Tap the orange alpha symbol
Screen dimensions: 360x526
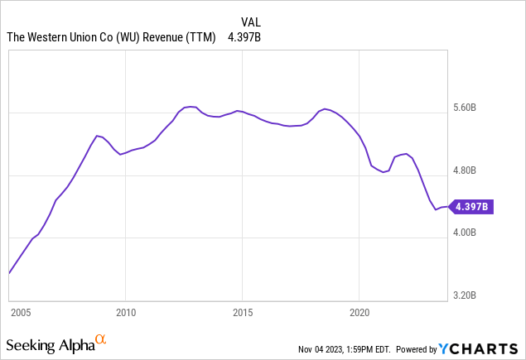click(x=101, y=338)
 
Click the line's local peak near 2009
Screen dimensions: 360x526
click(x=97, y=135)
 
